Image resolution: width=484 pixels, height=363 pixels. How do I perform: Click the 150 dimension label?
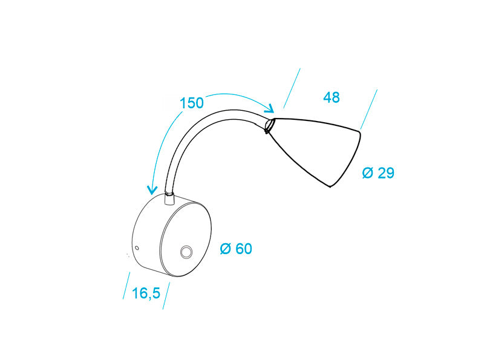point(192,103)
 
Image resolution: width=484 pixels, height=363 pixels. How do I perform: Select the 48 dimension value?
point(332,97)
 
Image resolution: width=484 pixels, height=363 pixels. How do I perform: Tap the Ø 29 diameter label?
point(378,173)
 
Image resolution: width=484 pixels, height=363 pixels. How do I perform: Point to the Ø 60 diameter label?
point(236,249)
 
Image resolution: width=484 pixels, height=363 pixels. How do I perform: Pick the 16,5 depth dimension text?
point(145,293)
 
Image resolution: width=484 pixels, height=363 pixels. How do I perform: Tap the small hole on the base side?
point(137,248)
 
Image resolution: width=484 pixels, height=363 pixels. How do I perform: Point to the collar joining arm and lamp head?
point(270,125)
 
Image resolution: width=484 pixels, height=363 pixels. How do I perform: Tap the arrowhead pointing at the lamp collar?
point(270,109)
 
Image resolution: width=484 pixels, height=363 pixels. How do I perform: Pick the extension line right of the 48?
point(369,109)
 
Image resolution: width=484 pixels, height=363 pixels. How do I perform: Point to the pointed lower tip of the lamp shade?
point(330,186)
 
